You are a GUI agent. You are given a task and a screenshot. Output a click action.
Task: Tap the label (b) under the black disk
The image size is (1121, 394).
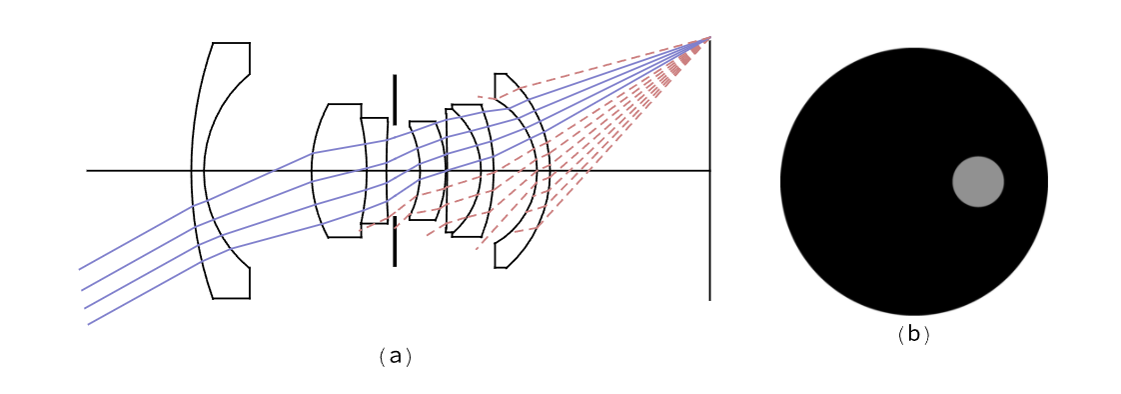(x=913, y=335)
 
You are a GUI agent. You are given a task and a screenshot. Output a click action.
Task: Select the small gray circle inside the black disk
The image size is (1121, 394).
(x=978, y=182)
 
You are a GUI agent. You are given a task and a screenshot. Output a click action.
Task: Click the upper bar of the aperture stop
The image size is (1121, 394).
(x=394, y=99)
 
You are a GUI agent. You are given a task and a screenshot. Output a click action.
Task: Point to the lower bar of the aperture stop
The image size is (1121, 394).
(x=394, y=242)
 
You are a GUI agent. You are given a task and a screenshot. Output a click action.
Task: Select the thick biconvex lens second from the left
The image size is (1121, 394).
(x=338, y=170)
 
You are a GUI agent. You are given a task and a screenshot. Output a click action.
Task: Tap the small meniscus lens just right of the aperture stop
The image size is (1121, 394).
(x=428, y=170)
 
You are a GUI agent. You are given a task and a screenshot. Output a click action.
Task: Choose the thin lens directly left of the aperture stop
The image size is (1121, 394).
(x=375, y=170)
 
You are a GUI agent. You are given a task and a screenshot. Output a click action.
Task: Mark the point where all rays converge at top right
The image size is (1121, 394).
(x=709, y=36)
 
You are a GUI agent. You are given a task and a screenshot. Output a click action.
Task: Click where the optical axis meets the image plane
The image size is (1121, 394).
(x=709, y=171)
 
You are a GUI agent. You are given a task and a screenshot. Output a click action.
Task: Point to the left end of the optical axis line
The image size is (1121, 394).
(x=87, y=171)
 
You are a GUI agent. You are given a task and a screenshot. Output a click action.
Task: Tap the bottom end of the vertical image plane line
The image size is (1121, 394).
(x=709, y=300)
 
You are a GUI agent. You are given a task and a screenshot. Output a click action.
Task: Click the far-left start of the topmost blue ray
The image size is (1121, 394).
(x=79, y=270)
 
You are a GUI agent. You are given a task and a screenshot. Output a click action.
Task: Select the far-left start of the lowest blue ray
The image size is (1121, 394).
(x=89, y=325)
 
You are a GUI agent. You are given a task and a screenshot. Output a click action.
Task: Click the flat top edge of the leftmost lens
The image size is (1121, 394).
(x=232, y=43)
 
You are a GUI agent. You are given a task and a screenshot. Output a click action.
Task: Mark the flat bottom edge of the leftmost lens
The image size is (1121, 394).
(x=232, y=298)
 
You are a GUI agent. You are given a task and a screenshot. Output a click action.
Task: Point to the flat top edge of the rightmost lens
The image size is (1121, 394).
(x=501, y=74)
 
